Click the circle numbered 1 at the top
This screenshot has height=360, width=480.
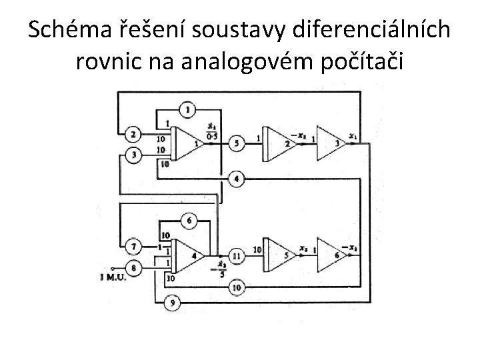[x=189, y=109]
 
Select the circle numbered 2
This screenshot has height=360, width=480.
[x=133, y=135]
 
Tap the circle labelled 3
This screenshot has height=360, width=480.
[x=133, y=155]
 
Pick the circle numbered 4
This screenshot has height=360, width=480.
[x=237, y=178]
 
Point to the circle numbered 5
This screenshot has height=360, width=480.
[x=237, y=143]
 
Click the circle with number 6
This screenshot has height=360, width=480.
[x=189, y=221]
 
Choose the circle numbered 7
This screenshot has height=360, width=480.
[x=133, y=247]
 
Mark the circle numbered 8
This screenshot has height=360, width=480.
[x=133, y=267]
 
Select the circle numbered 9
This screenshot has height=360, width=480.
[x=173, y=304]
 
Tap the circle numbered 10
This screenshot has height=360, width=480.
[x=237, y=287]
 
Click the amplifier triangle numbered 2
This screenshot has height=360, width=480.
[x=280, y=143]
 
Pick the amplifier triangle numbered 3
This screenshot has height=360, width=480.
[x=331, y=143]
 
